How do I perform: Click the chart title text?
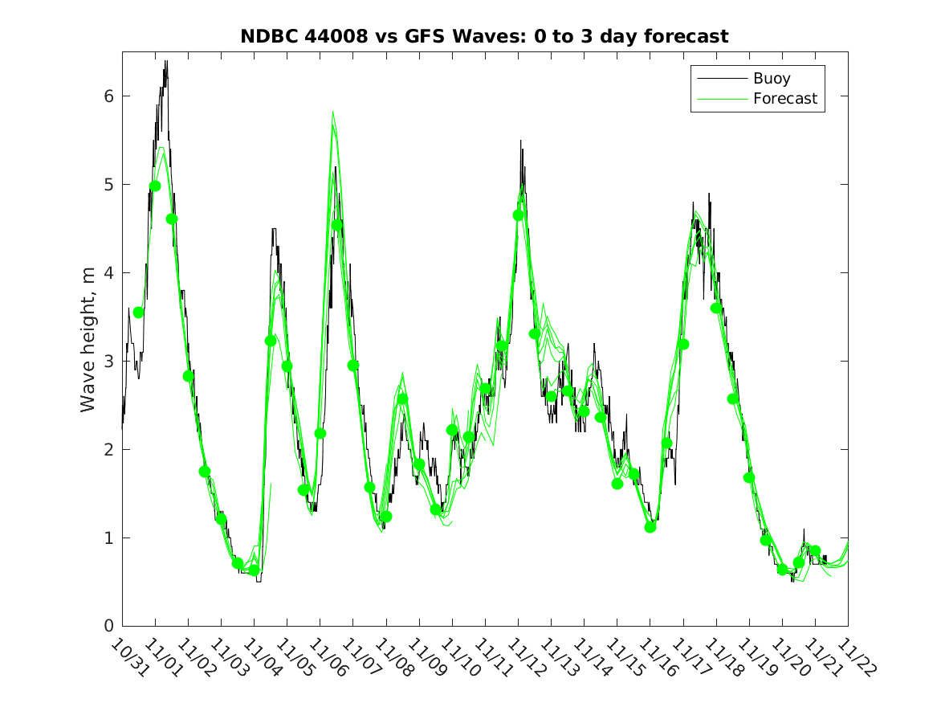point(484,37)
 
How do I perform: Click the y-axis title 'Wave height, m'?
point(88,340)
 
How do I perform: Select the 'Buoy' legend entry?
point(771,79)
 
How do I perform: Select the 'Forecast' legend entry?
point(784,99)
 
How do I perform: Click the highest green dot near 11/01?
point(155,186)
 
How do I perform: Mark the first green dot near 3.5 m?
point(138,313)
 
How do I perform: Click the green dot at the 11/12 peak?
point(518,215)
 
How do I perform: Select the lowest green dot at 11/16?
point(650,527)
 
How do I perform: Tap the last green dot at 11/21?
point(815,551)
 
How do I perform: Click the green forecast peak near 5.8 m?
point(332,112)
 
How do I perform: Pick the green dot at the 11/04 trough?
point(254,570)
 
